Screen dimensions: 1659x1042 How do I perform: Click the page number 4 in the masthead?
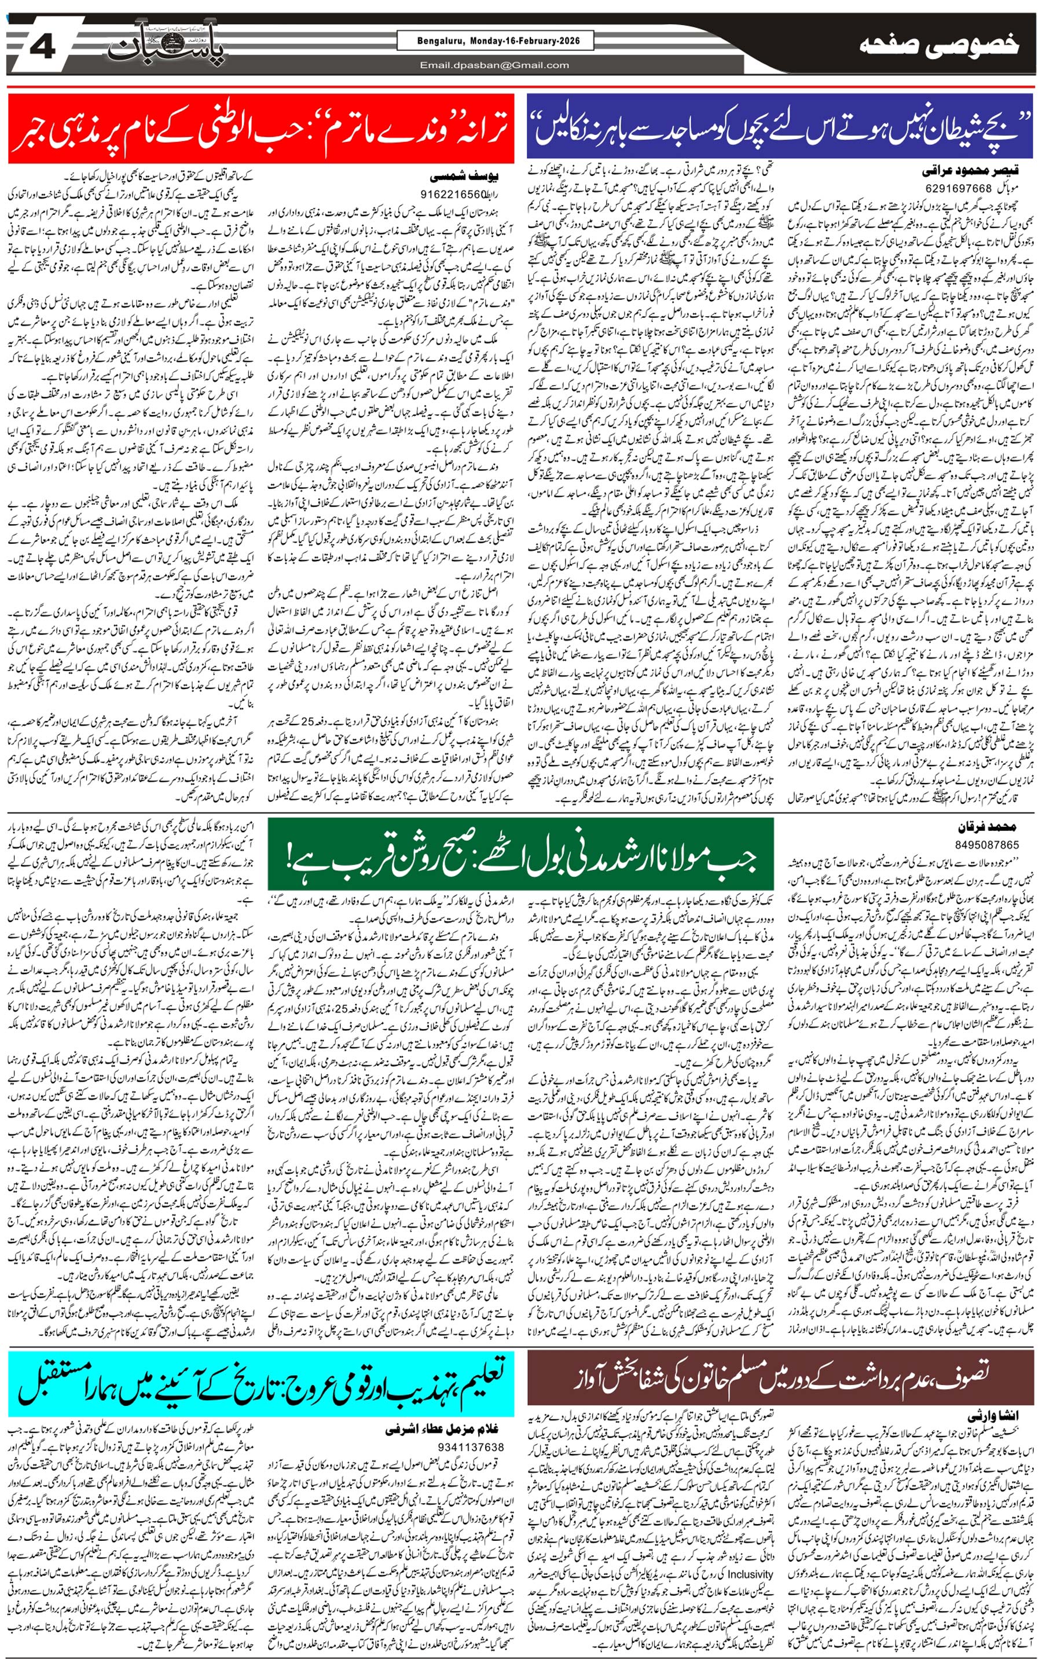point(43,47)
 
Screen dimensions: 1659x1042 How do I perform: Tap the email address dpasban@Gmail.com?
point(494,65)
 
